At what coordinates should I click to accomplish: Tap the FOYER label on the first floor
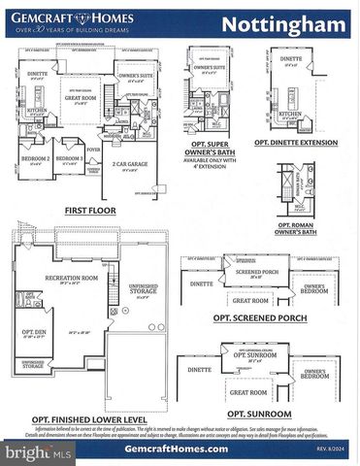[x=93, y=150]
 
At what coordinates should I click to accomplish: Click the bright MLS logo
[x=29, y=452]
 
